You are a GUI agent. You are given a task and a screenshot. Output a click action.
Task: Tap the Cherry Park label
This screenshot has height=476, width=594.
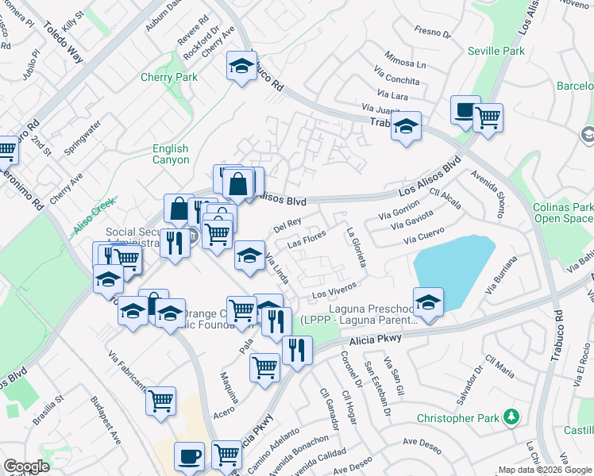tap(168, 78)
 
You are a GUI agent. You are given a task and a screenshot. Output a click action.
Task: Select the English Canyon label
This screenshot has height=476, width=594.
tap(171, 154)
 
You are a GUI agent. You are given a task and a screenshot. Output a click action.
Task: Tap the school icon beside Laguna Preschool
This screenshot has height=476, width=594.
tap(428, 301)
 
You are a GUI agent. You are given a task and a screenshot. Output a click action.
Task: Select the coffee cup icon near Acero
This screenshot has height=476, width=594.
tap(189, 456)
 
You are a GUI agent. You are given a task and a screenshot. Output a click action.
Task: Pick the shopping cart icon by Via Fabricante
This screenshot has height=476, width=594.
tap(160, 400)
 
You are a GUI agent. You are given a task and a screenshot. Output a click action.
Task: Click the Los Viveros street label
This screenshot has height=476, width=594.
tap(332, 292)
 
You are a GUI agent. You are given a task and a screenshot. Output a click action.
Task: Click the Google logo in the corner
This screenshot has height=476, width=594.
tap(25, 467)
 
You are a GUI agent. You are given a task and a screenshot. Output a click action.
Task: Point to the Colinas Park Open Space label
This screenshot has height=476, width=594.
tap(562, 213)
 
